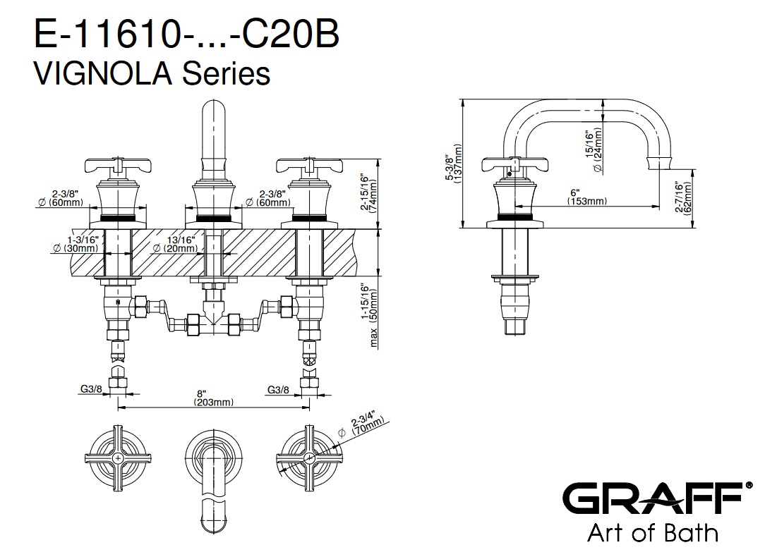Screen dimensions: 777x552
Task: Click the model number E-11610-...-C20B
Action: coord(186,34)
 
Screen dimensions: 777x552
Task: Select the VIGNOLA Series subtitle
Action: coord(152,73)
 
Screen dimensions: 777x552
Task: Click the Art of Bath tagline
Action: coord(653,533)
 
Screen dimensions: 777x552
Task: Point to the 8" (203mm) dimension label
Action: coord(214,398)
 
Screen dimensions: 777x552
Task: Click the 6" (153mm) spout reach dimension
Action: coord(587,197)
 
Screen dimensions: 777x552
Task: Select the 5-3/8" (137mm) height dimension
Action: coord(453,163)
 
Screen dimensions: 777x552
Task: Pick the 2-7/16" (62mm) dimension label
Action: coord(682,197)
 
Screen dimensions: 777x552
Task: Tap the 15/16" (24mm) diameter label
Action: coord(594,149)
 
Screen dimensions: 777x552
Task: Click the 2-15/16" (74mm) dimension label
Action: coord(369,192)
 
